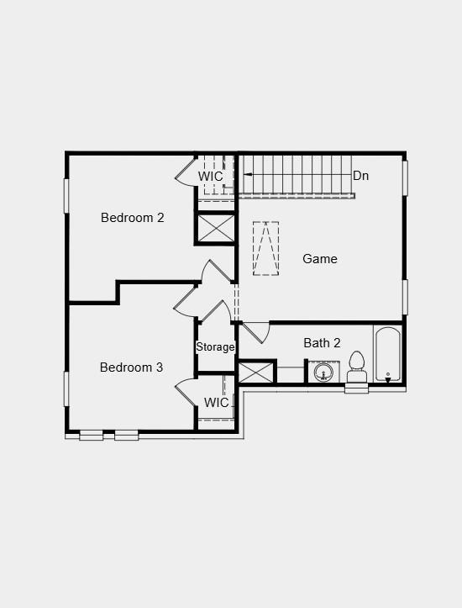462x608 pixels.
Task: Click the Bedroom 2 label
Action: point(133,218)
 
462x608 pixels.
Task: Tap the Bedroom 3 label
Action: point(132,367)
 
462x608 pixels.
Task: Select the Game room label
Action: point(320,259)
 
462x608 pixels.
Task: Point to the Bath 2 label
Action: point(323,343)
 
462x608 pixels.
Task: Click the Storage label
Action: point(216,347)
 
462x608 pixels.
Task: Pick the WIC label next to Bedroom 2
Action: point(211,177)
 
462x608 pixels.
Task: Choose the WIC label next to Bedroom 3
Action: point(217,403)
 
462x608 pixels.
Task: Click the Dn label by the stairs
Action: point(360,176)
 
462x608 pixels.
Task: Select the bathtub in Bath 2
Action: point(388,355)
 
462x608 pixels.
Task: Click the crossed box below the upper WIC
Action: point(216,228)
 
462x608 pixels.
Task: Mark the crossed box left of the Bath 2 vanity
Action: point(255,373)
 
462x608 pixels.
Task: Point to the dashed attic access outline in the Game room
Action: point(266,248)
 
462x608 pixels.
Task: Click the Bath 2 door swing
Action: point(256,332)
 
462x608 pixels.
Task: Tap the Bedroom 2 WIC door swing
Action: point(185,171)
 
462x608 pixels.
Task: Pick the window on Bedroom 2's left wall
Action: point(66,195)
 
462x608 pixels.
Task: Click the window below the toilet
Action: point(357,389)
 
